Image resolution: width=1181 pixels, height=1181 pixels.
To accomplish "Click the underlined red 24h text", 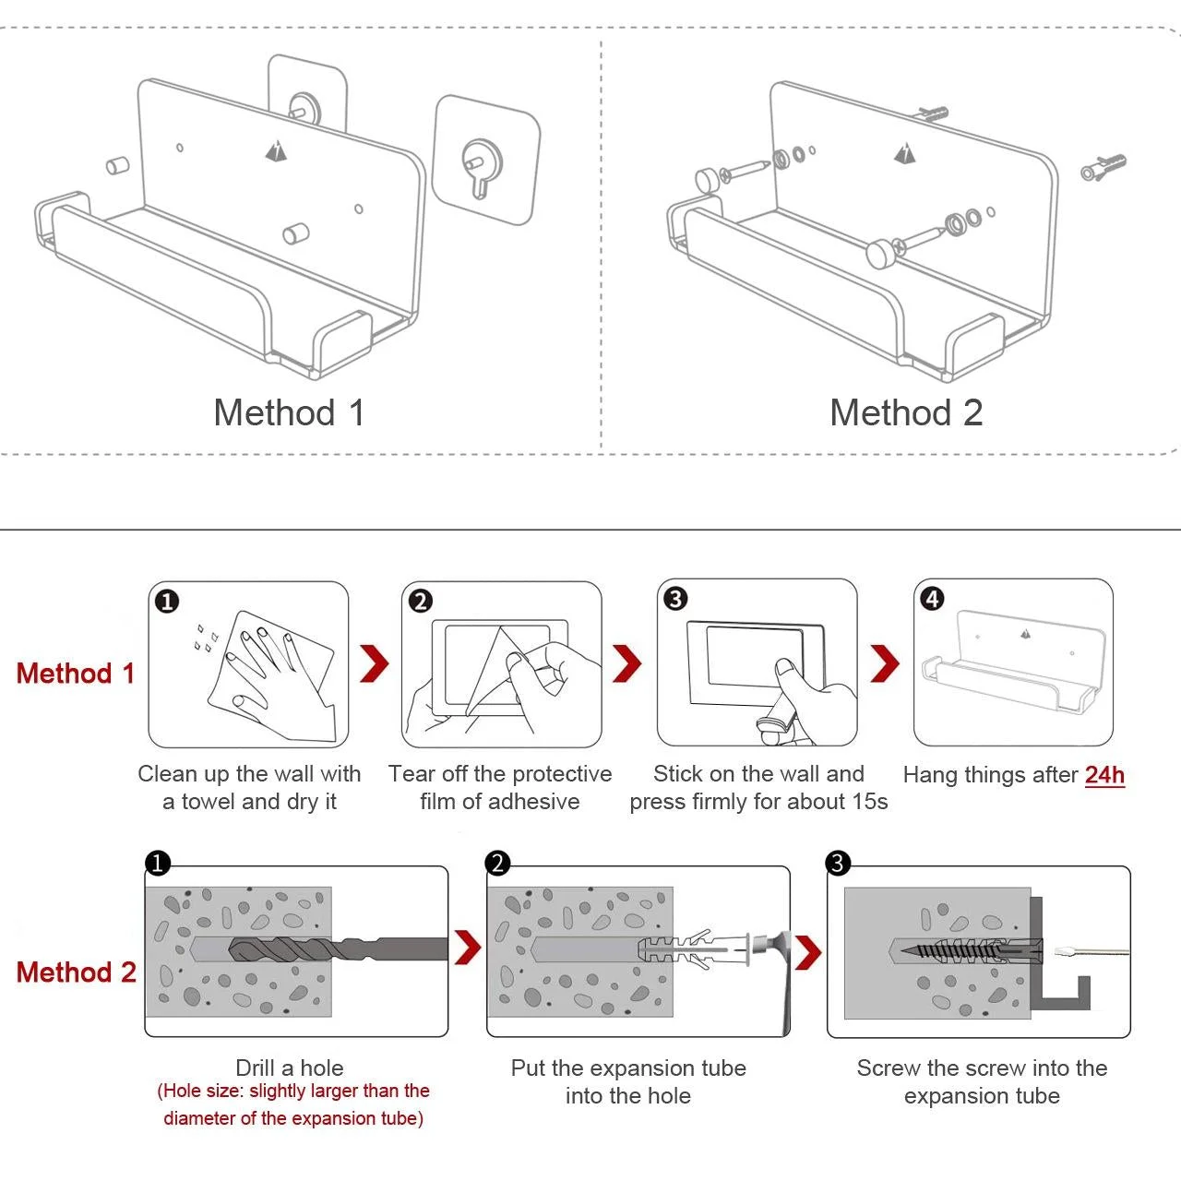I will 1104,775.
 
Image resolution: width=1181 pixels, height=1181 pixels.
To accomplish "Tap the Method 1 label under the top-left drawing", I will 289,412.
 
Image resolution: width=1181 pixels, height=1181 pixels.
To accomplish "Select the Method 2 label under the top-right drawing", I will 906,412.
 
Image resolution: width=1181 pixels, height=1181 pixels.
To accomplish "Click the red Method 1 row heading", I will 76,674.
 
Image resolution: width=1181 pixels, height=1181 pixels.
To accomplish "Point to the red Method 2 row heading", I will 76,972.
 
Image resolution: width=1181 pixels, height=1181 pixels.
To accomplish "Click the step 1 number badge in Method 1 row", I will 167,602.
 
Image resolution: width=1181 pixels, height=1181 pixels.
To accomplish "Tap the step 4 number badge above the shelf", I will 932,599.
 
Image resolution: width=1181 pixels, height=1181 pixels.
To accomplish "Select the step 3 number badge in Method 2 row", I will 838,864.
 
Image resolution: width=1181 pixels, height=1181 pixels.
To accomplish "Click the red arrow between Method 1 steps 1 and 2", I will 375,663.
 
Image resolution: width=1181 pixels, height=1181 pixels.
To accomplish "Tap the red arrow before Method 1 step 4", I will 885,663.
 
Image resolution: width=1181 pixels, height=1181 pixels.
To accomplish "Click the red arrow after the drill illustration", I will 469,948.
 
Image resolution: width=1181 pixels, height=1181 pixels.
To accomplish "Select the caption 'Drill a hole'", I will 290,1068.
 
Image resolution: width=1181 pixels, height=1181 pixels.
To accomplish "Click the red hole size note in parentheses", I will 293,1104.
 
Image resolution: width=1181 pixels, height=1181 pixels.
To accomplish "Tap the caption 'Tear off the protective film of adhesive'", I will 500,787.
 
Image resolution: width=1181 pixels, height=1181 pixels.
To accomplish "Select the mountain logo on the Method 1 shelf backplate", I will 276,149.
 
